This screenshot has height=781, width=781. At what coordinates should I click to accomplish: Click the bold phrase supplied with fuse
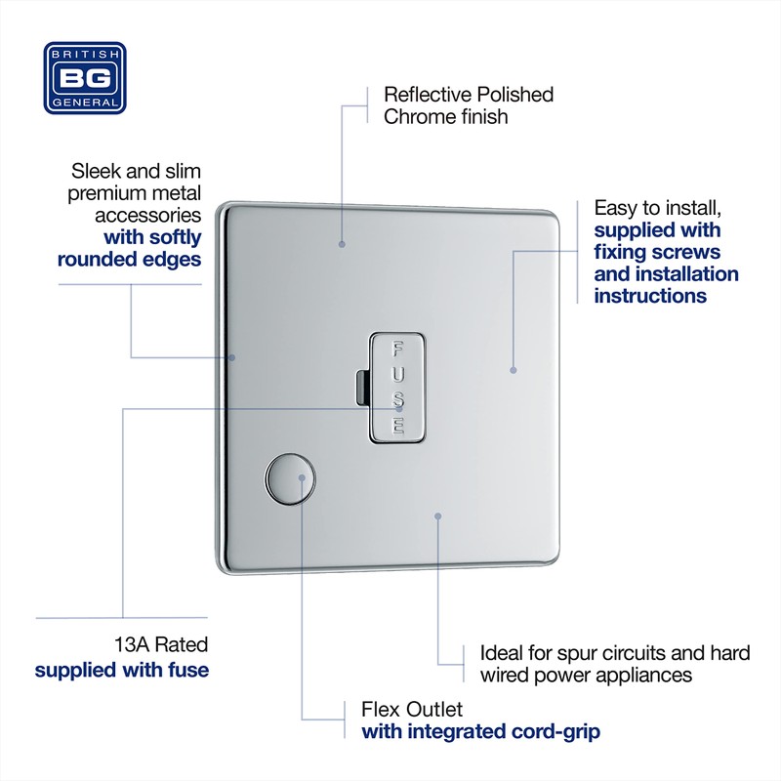[122, 671]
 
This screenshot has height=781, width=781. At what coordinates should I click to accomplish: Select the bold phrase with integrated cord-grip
[480, 732]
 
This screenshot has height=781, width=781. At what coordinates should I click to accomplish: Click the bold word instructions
[650, 296]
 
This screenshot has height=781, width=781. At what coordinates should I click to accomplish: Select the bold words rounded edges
[129, 260]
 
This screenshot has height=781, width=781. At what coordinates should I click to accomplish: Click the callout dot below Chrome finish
[342, 243]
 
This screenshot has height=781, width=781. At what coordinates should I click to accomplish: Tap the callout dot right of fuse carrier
[514, 370]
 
